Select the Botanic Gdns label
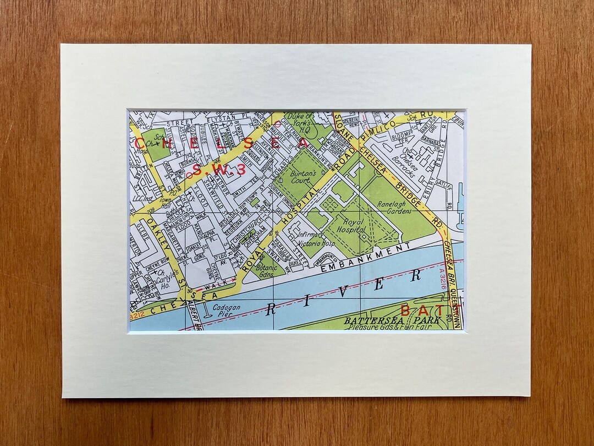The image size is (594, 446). [265, 271]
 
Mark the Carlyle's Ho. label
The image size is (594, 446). [162, 280]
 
